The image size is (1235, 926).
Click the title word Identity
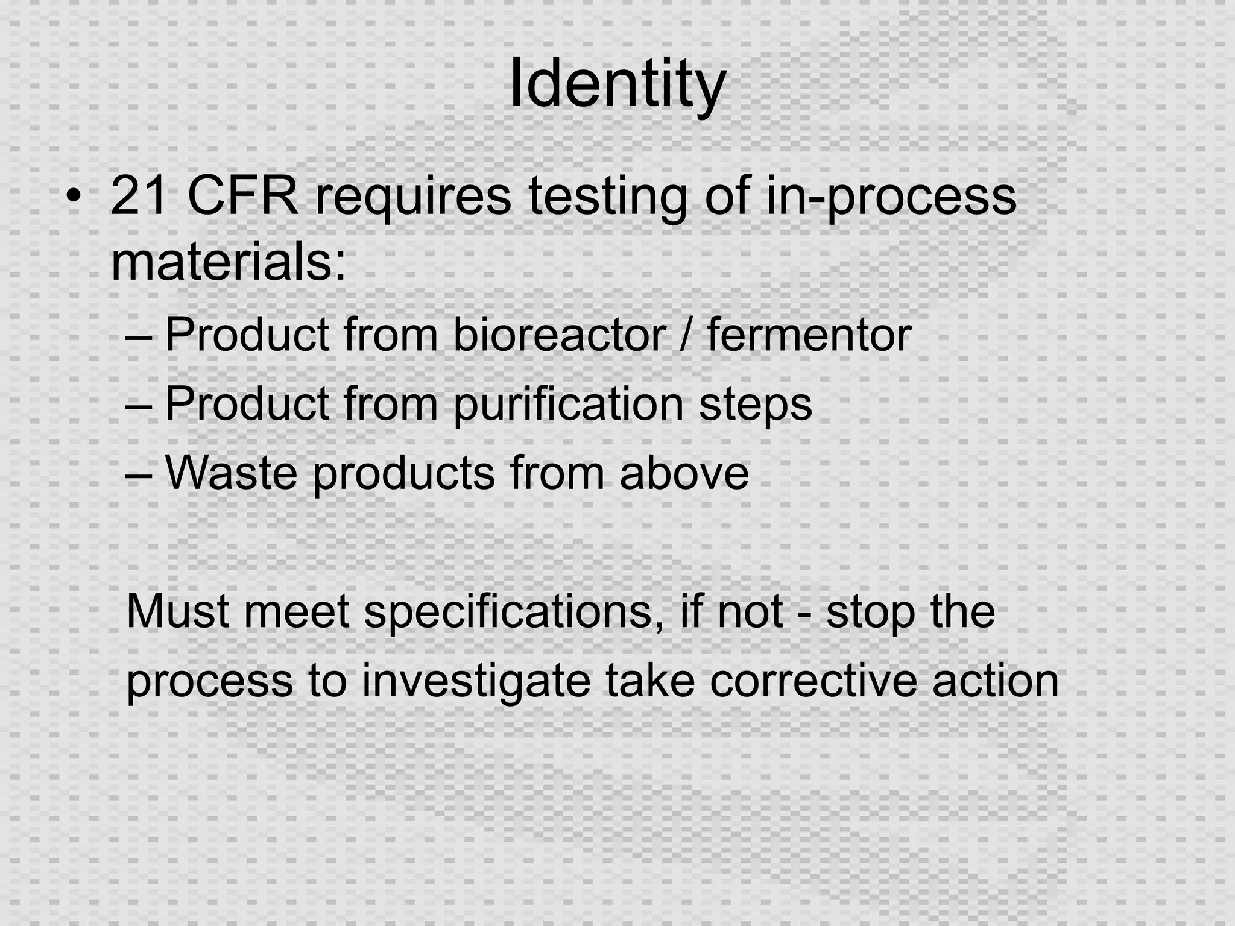click(616, 84)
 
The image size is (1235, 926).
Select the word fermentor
click(809, 335)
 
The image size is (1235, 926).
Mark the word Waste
click(231, 473)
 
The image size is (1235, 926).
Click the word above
click(684, 473)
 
